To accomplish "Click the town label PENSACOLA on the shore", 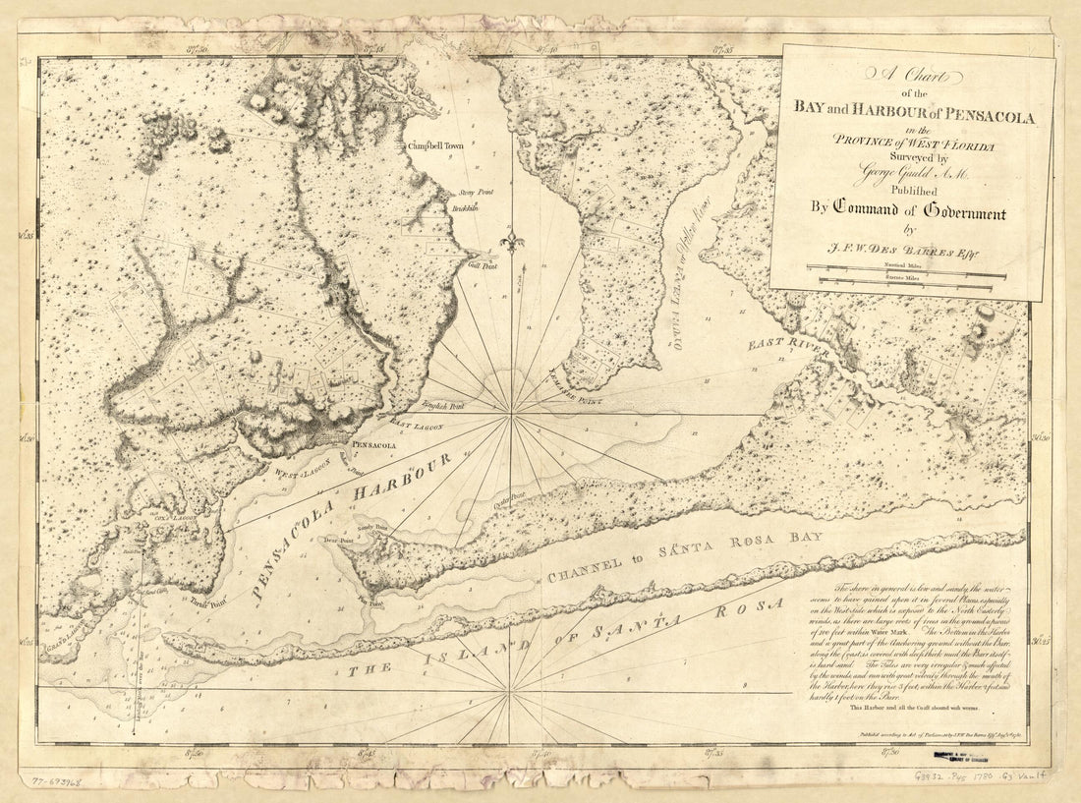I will (x=373, y=445).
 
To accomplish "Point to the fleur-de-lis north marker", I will (x=509, y=241).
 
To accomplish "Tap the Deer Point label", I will (x=338, y=540).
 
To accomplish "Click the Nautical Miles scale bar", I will (x=905, y=267).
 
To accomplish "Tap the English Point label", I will (x=443, y=405).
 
